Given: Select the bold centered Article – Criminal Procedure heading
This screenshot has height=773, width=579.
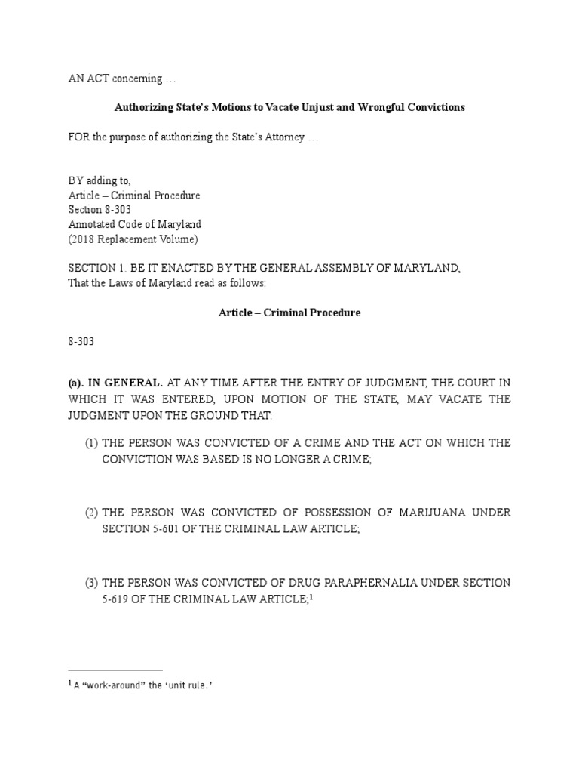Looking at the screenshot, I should tap(289, 313).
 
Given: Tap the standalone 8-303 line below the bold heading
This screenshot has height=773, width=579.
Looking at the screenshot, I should tap(80, 341).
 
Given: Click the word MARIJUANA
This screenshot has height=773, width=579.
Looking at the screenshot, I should tap(428, 513).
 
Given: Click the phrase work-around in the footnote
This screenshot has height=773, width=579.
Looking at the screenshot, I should tap(100, 685).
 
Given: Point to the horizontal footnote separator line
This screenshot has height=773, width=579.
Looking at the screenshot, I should tap(115, 670).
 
